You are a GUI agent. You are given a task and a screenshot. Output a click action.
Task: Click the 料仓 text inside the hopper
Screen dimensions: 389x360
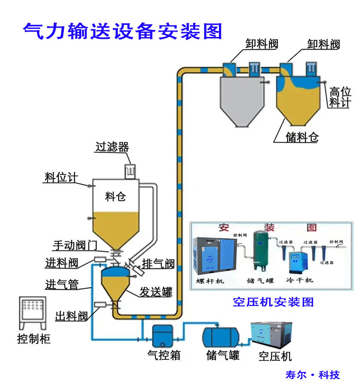pyautogui.click(x=115, y=196)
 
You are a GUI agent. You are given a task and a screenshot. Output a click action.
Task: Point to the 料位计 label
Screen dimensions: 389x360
pyautogui.click(x=61, y=177)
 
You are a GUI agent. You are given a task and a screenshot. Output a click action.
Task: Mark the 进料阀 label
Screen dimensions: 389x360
pyautogui.click(x=62, y=263)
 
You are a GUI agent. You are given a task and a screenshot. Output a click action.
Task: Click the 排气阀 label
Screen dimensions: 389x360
pyautogui.click(x=158, y=264)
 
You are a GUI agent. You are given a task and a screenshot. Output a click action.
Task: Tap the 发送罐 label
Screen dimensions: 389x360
pyautogui.click(x=156, y=292)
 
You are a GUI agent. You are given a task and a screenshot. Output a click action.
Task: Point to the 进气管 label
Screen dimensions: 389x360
pyautogui.click(x=62, y=284)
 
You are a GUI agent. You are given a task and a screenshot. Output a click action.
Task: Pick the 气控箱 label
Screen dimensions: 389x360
pyautogui.click(x=164, y=355)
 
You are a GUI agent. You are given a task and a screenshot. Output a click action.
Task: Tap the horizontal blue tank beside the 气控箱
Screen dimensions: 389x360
pyautogui.click(x=221, y=336)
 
